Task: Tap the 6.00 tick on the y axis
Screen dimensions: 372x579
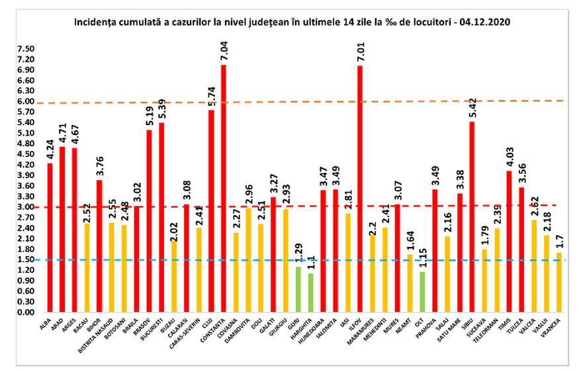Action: click(26, 102)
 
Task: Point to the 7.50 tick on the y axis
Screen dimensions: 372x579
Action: click(26, 49)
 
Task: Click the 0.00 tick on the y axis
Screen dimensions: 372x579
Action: click(26, 312)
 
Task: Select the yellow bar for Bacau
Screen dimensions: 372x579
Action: click(87, 268)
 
